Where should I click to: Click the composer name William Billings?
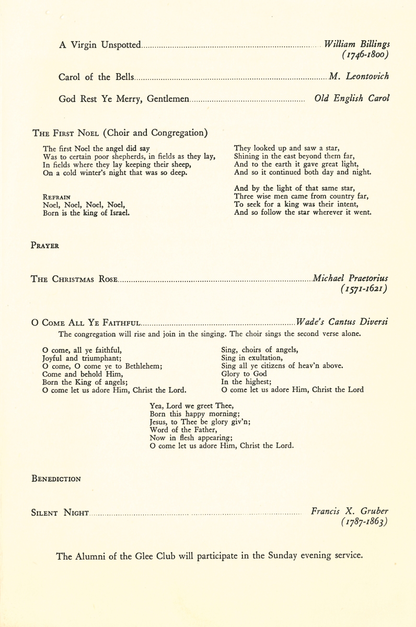[356, 45]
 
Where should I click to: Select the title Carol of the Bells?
[96, 77]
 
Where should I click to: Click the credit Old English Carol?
[352, 98]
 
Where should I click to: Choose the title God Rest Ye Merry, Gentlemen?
[123, 98]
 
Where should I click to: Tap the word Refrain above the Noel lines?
[57, 197]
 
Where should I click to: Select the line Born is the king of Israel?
[86, 213]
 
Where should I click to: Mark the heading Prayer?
[45, 245]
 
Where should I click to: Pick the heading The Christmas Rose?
[75, 278]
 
